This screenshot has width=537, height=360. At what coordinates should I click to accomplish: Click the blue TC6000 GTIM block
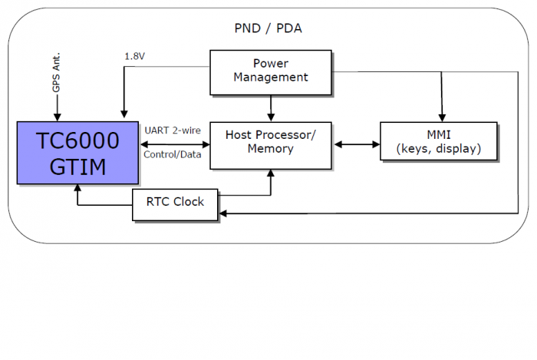pos(77,153)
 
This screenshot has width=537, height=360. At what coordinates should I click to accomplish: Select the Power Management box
pos(271,72)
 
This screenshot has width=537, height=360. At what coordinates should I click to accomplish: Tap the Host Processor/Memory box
pos(271,146)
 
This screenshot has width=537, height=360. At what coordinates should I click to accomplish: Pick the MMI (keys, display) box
pos(438,141)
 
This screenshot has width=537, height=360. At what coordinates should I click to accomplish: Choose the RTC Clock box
pos(175,204)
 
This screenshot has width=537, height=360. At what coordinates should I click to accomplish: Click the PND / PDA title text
pos(268,28)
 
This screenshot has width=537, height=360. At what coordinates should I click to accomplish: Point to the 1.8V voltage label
pos(134,56)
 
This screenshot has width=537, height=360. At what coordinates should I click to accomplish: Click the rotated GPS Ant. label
pos(56,72)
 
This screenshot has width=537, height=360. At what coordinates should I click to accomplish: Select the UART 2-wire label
pos(173,130)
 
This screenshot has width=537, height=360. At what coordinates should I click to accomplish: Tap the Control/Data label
pos(173,155)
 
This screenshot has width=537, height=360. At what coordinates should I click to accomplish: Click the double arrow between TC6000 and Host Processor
pos(174,144)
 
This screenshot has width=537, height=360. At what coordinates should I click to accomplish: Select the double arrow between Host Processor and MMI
pos(357,144)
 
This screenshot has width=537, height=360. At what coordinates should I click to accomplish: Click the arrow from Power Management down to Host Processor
pos(271,108)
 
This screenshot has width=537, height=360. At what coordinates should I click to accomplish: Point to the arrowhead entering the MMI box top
pos(442,118)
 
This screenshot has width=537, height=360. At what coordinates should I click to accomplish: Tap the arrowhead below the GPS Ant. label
pos(58,117)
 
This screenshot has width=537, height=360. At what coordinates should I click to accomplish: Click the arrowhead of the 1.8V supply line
pos(124,114)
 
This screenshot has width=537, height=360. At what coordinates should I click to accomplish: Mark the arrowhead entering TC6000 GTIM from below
pos(77,188)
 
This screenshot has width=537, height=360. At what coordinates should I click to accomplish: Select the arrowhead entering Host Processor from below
pos(271,173)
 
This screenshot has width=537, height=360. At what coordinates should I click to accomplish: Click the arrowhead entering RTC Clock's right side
pos(222,213)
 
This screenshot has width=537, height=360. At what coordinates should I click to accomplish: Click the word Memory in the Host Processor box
pos(271,149)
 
